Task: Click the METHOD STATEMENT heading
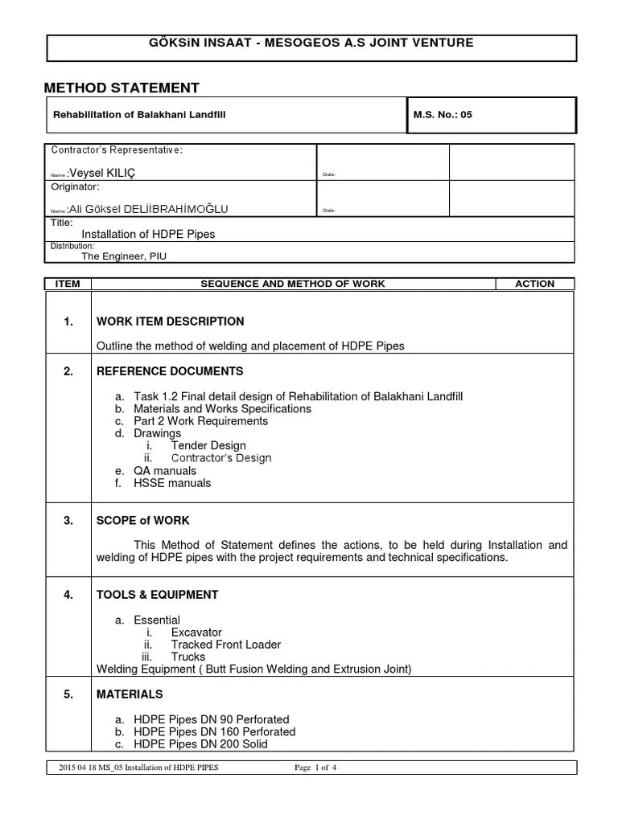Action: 122,88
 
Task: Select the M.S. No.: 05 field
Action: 443,115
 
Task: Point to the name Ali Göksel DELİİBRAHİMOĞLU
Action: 148,209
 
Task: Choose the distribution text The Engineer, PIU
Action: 124,256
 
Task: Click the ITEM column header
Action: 68,284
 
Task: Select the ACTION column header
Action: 535,284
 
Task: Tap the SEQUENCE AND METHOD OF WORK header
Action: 292,284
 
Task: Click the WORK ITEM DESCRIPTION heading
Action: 170,321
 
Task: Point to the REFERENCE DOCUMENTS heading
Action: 169,371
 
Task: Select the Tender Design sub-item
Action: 208,445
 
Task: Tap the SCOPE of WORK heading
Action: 143,521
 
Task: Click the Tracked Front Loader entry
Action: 225,645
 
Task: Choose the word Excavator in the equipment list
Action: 196,633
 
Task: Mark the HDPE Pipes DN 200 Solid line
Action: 200,743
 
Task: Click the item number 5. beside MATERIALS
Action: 68,694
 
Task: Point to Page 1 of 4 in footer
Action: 315,768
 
